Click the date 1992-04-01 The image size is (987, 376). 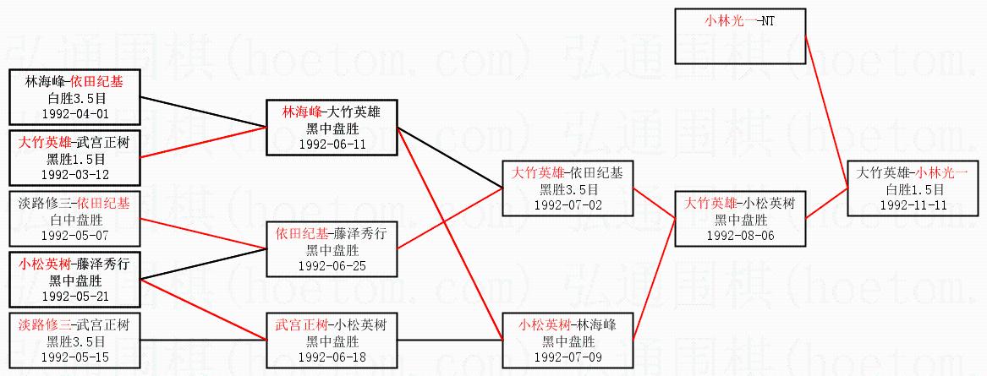[76, 112]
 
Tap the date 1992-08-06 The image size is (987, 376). [739, 235]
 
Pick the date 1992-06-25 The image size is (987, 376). [332, 265]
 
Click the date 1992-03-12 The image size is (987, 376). [76, 174]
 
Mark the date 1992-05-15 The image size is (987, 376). [76, 356]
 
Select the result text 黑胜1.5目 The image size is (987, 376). [76, 159]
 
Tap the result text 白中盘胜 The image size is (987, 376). [76, 220]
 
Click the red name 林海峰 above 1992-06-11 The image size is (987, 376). [302, 112]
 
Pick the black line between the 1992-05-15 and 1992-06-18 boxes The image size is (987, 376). [203, 340]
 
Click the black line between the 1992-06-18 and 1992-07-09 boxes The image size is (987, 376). [448, 340]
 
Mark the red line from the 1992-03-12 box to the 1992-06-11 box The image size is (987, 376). [203, 142]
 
